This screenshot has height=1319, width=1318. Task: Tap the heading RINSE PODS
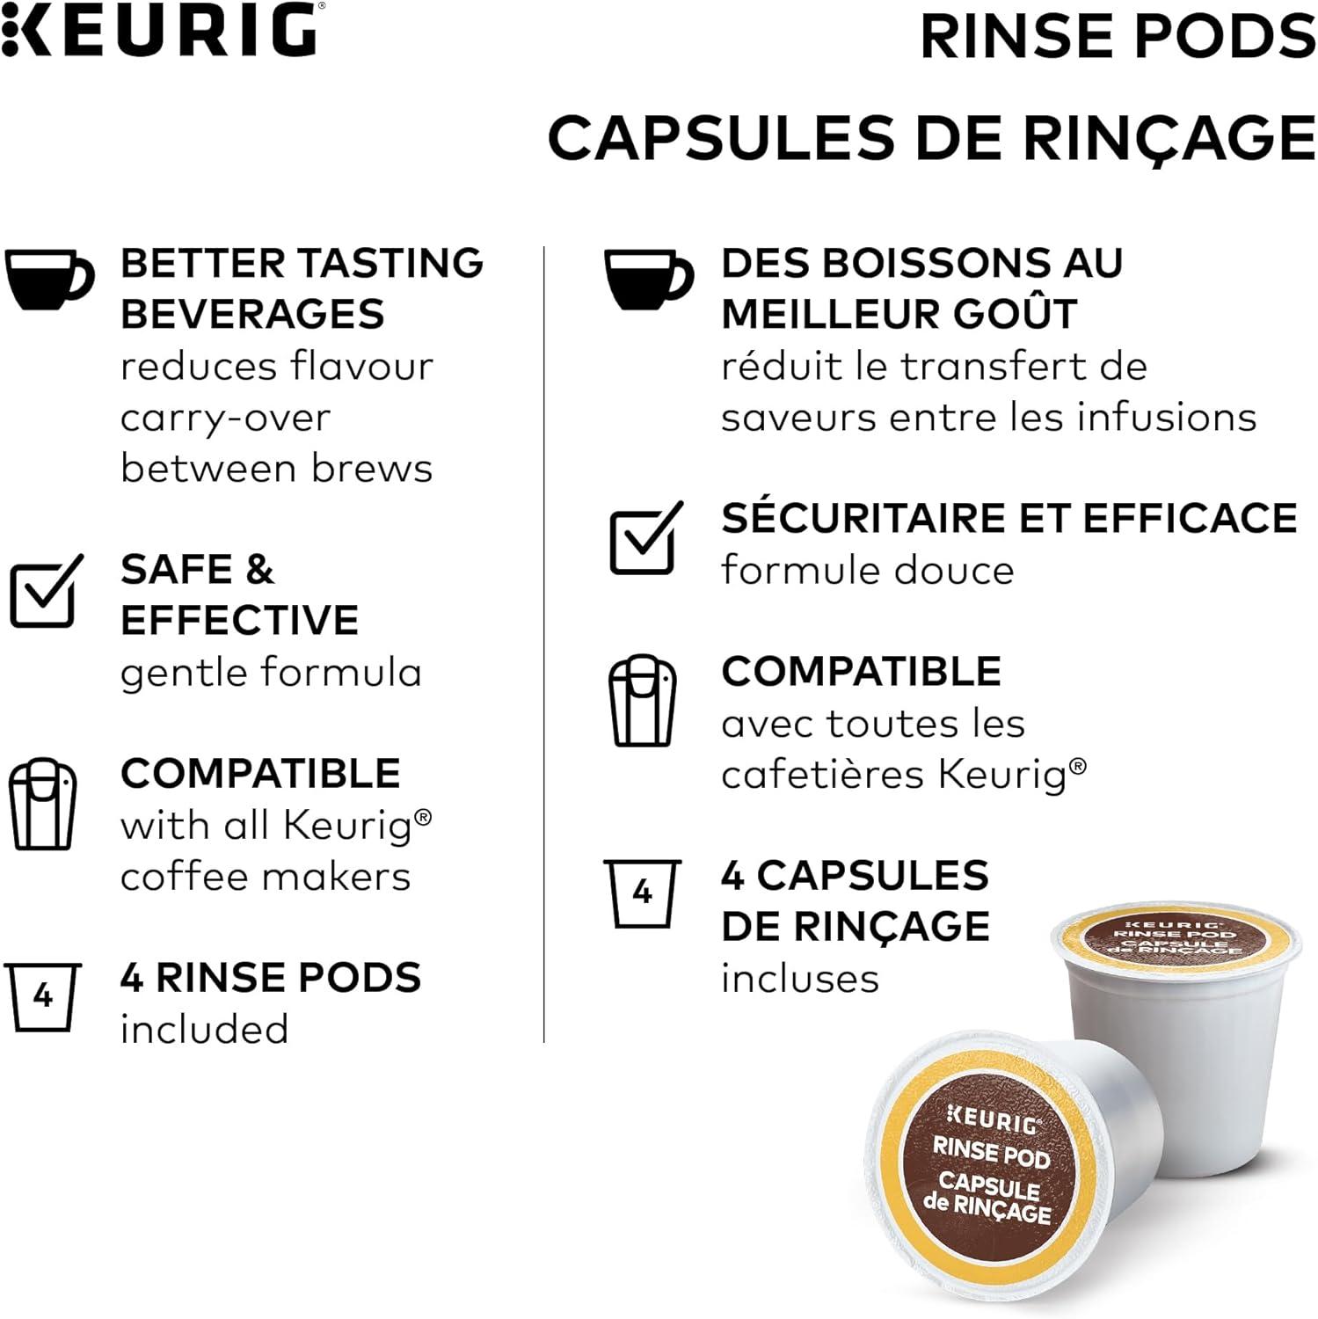pos(1118,37)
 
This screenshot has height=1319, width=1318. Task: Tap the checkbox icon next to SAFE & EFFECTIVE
pos(47,591)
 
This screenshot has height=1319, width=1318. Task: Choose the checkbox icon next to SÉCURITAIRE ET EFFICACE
pos(646,538)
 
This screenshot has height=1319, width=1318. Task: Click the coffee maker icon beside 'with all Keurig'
pos(43,804)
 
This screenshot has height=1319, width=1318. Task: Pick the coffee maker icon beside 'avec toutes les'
pos(644,700)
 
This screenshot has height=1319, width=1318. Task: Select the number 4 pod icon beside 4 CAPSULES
pos(643,893)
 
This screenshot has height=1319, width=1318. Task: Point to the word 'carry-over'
pos(226,419)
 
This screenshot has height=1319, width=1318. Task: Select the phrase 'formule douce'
pos(868,570)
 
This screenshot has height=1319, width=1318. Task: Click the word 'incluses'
pos(800,978)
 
